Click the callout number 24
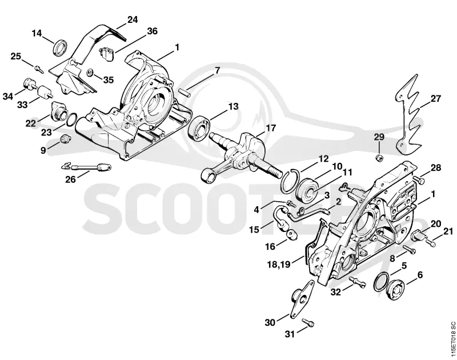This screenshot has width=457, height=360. click(x=133, y=19)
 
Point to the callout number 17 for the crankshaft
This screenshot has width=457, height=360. click(x=270, y=128)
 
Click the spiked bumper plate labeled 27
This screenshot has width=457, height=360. click(x=407, y=116)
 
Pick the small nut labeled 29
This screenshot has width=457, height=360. click(x=379, y=158)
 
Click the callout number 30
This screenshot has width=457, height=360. click(x=270, y=323)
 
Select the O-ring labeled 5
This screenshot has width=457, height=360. click(x=380, y=282)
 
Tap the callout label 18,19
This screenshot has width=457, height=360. click(x=279, y=265)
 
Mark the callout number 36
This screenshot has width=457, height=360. click(x=152, y=31)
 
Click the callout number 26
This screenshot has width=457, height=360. click(x=70, y=179)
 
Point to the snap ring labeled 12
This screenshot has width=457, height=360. click(x=290, y=181)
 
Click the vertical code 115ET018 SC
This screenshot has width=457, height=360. click(x=452, y=339)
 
